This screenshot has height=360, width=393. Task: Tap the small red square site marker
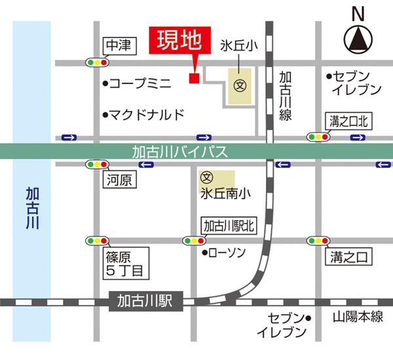click(x=194, y=79)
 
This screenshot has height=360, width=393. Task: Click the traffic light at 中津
click(x=96, y=63)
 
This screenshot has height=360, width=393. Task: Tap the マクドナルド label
click(x=145, y=115)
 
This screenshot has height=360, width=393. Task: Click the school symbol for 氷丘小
click(x=240, y=85)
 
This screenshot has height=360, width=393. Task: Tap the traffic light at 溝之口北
click(x=319, y=137)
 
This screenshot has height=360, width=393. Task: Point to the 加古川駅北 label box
click(x=229, y=226)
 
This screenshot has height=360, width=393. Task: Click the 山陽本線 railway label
click(x=356, y=317)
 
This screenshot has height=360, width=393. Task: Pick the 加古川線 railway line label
click(x=286, y=96)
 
